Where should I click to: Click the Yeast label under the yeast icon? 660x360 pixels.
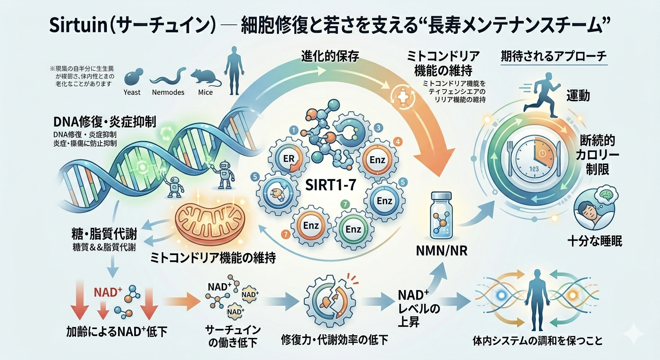tap(132, 92)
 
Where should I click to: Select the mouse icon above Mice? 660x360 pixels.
tap(204, 75)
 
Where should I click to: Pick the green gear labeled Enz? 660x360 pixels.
tap(352, 229)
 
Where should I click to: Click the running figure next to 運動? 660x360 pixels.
tap(542, 94)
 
